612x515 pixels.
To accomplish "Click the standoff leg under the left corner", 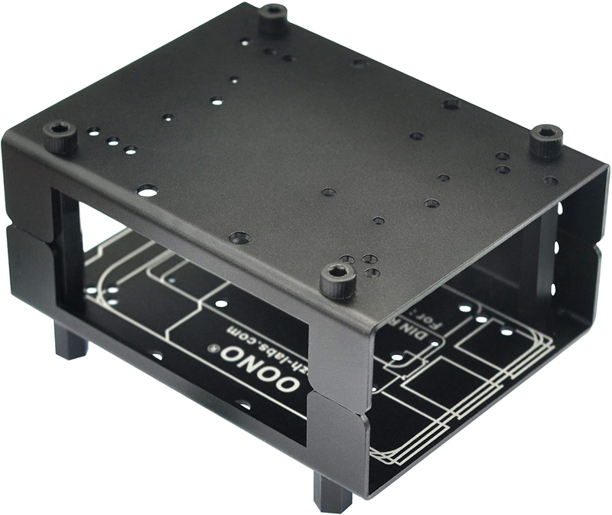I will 70,341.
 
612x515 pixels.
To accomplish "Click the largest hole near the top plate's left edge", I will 148,190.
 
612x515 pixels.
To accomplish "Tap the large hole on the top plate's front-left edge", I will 239,238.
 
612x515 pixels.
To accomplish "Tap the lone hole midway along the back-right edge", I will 451,103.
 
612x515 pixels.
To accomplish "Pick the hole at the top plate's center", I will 328,191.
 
